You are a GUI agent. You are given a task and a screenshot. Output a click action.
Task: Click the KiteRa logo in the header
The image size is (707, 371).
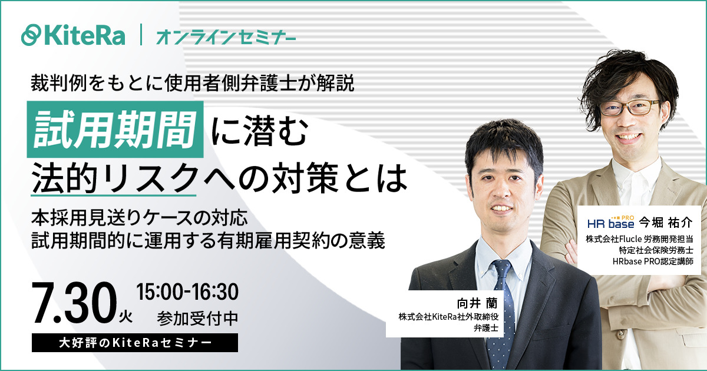pyautogui.click(x=73, y=35)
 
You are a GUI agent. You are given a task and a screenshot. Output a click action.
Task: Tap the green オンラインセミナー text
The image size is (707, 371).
pyautogui.click(x=226, y=37)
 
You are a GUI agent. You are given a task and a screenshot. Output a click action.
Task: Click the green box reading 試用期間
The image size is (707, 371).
pyautogui.click(x=115, y=130)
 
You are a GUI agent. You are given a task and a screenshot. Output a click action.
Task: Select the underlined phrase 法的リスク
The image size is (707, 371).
pyautogui.click(x=114, y=178)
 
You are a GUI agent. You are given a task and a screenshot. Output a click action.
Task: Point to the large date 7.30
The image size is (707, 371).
pyautogui.click(x=74, y=303)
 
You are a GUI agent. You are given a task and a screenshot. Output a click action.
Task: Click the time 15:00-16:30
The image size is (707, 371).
pyautogui.click(x=187, y=292)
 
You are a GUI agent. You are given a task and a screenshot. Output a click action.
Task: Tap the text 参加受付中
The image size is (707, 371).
pyautogui.click(x=197, y=319)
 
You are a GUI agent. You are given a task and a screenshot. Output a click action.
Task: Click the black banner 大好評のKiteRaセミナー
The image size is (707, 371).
pyautogui.click(x=135, y=343)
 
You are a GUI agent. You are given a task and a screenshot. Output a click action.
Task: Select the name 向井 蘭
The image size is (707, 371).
pyautogui.click(x=477, y=303)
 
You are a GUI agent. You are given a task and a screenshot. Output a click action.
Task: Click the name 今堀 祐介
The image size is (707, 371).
pyautogui.click(x=666, y=223)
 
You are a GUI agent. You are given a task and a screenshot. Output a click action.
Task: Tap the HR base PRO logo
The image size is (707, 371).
pyautogui.click(x=611, y=223)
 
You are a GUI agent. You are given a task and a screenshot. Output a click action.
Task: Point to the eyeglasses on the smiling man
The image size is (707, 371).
pyautogui.click(x=630, y=107)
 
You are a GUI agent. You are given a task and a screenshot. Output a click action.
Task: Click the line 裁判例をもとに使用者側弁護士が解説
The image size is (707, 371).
pyautogui.click(x=193, y=83)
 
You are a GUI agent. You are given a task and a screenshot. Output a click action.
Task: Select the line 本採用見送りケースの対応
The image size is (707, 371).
pyautogui.click(x=139, y=218)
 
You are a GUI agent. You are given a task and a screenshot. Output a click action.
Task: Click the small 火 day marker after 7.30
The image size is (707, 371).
pyautogui.click(x=125, y=316)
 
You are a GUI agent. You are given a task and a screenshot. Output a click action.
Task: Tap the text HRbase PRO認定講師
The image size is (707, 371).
pyautogui.click(x=653, y=261)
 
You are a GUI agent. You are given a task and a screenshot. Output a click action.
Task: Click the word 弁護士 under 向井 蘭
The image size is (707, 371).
pyautogui.click(x=486, y=328)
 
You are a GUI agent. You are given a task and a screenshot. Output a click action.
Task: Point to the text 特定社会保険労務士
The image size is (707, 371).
pyautogui.click(x=656, y=250)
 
